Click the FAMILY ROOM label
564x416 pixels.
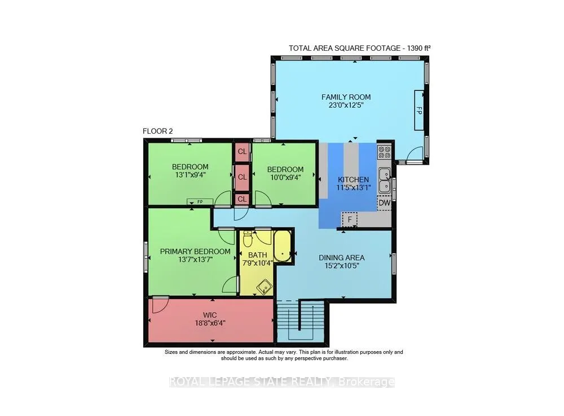point(346,97)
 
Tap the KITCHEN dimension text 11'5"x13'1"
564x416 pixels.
point(353,187)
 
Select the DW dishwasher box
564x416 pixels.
point(384,203)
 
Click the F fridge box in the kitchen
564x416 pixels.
point(349,219)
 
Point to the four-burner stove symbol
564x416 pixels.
point(385,152)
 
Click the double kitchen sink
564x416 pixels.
point(385,180)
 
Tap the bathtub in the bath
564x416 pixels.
point(283,246)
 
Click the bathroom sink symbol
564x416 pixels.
point(265,287)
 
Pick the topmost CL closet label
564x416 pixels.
point(242,151)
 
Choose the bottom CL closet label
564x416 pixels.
point(242,199)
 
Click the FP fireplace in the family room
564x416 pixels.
point(418,110)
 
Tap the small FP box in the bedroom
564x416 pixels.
point(200,202)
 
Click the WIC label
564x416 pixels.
point(210,315)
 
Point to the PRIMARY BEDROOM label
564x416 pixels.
point(195,252)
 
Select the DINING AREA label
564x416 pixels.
point(342,257)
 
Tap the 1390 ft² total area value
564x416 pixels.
point(418,48)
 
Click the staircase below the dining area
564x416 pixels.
point(301,321)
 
